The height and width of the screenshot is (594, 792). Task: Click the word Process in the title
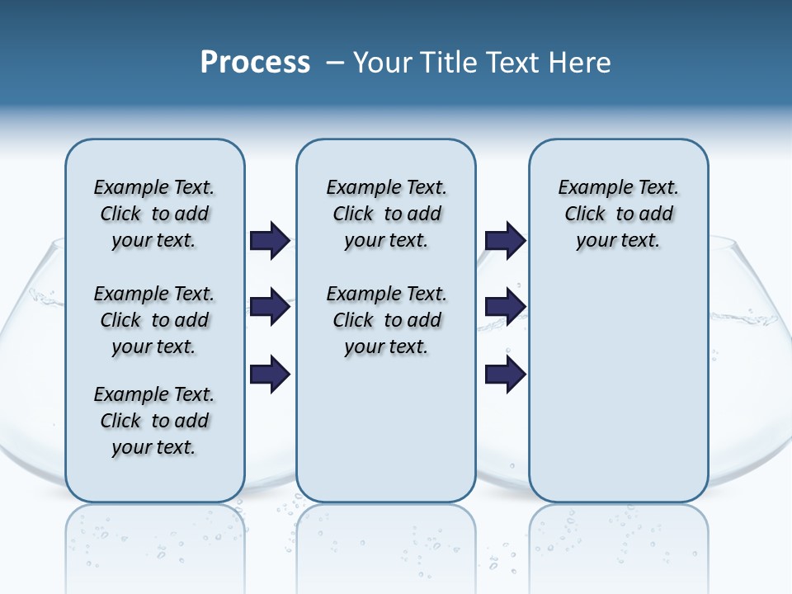point(255,63)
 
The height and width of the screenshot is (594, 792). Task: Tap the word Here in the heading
point(578,63)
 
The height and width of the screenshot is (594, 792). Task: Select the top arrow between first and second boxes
point(270,241)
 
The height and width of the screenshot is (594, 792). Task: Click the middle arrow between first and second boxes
point(270,308)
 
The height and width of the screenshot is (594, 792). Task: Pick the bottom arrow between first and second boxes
point(270,375)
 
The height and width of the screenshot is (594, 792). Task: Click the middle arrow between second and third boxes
point(505,308)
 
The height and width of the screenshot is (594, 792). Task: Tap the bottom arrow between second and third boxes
point(505,375)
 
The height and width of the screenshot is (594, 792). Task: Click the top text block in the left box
point(154,214)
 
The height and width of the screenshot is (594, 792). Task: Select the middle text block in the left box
point(154,320)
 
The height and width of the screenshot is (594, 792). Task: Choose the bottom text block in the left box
point(154,421)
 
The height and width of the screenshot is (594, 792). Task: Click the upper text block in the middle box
point(386,214)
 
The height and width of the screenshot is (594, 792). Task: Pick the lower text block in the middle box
point(386,320)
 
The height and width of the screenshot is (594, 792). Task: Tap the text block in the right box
point(618,214)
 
